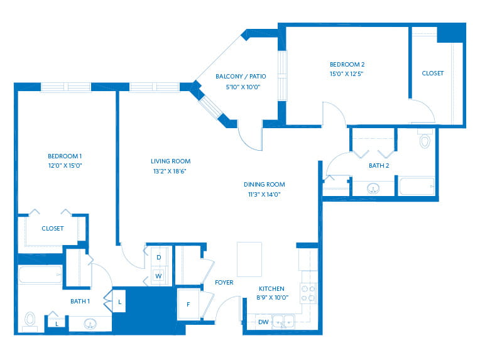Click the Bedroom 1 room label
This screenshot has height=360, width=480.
[65, 156]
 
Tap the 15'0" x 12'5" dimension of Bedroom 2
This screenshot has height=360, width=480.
[347, 74]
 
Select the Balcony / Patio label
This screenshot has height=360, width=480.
[241, 76]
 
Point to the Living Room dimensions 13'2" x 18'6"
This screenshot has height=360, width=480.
[170, 171]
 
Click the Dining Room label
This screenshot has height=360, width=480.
[264, 184]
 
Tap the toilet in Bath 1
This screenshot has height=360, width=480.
[30, 322]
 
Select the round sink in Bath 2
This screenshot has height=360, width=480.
[373, 188]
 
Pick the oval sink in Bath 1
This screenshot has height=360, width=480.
[90, 324]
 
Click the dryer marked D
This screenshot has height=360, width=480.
[159, 257]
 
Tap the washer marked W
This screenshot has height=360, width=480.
[158, 276]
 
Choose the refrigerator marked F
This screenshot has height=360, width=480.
[188, 304]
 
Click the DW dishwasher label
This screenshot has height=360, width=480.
[263, 322]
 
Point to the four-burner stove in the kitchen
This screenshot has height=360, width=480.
[308, 293]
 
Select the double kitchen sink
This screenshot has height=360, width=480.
[283, 322]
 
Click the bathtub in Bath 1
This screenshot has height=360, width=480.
[40, 275]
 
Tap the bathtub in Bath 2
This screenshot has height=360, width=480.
[417, 186]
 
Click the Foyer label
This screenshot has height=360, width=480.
[224, 282]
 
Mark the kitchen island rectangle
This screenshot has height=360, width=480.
[249, 259]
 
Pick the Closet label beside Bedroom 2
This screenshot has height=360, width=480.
[432, 73]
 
